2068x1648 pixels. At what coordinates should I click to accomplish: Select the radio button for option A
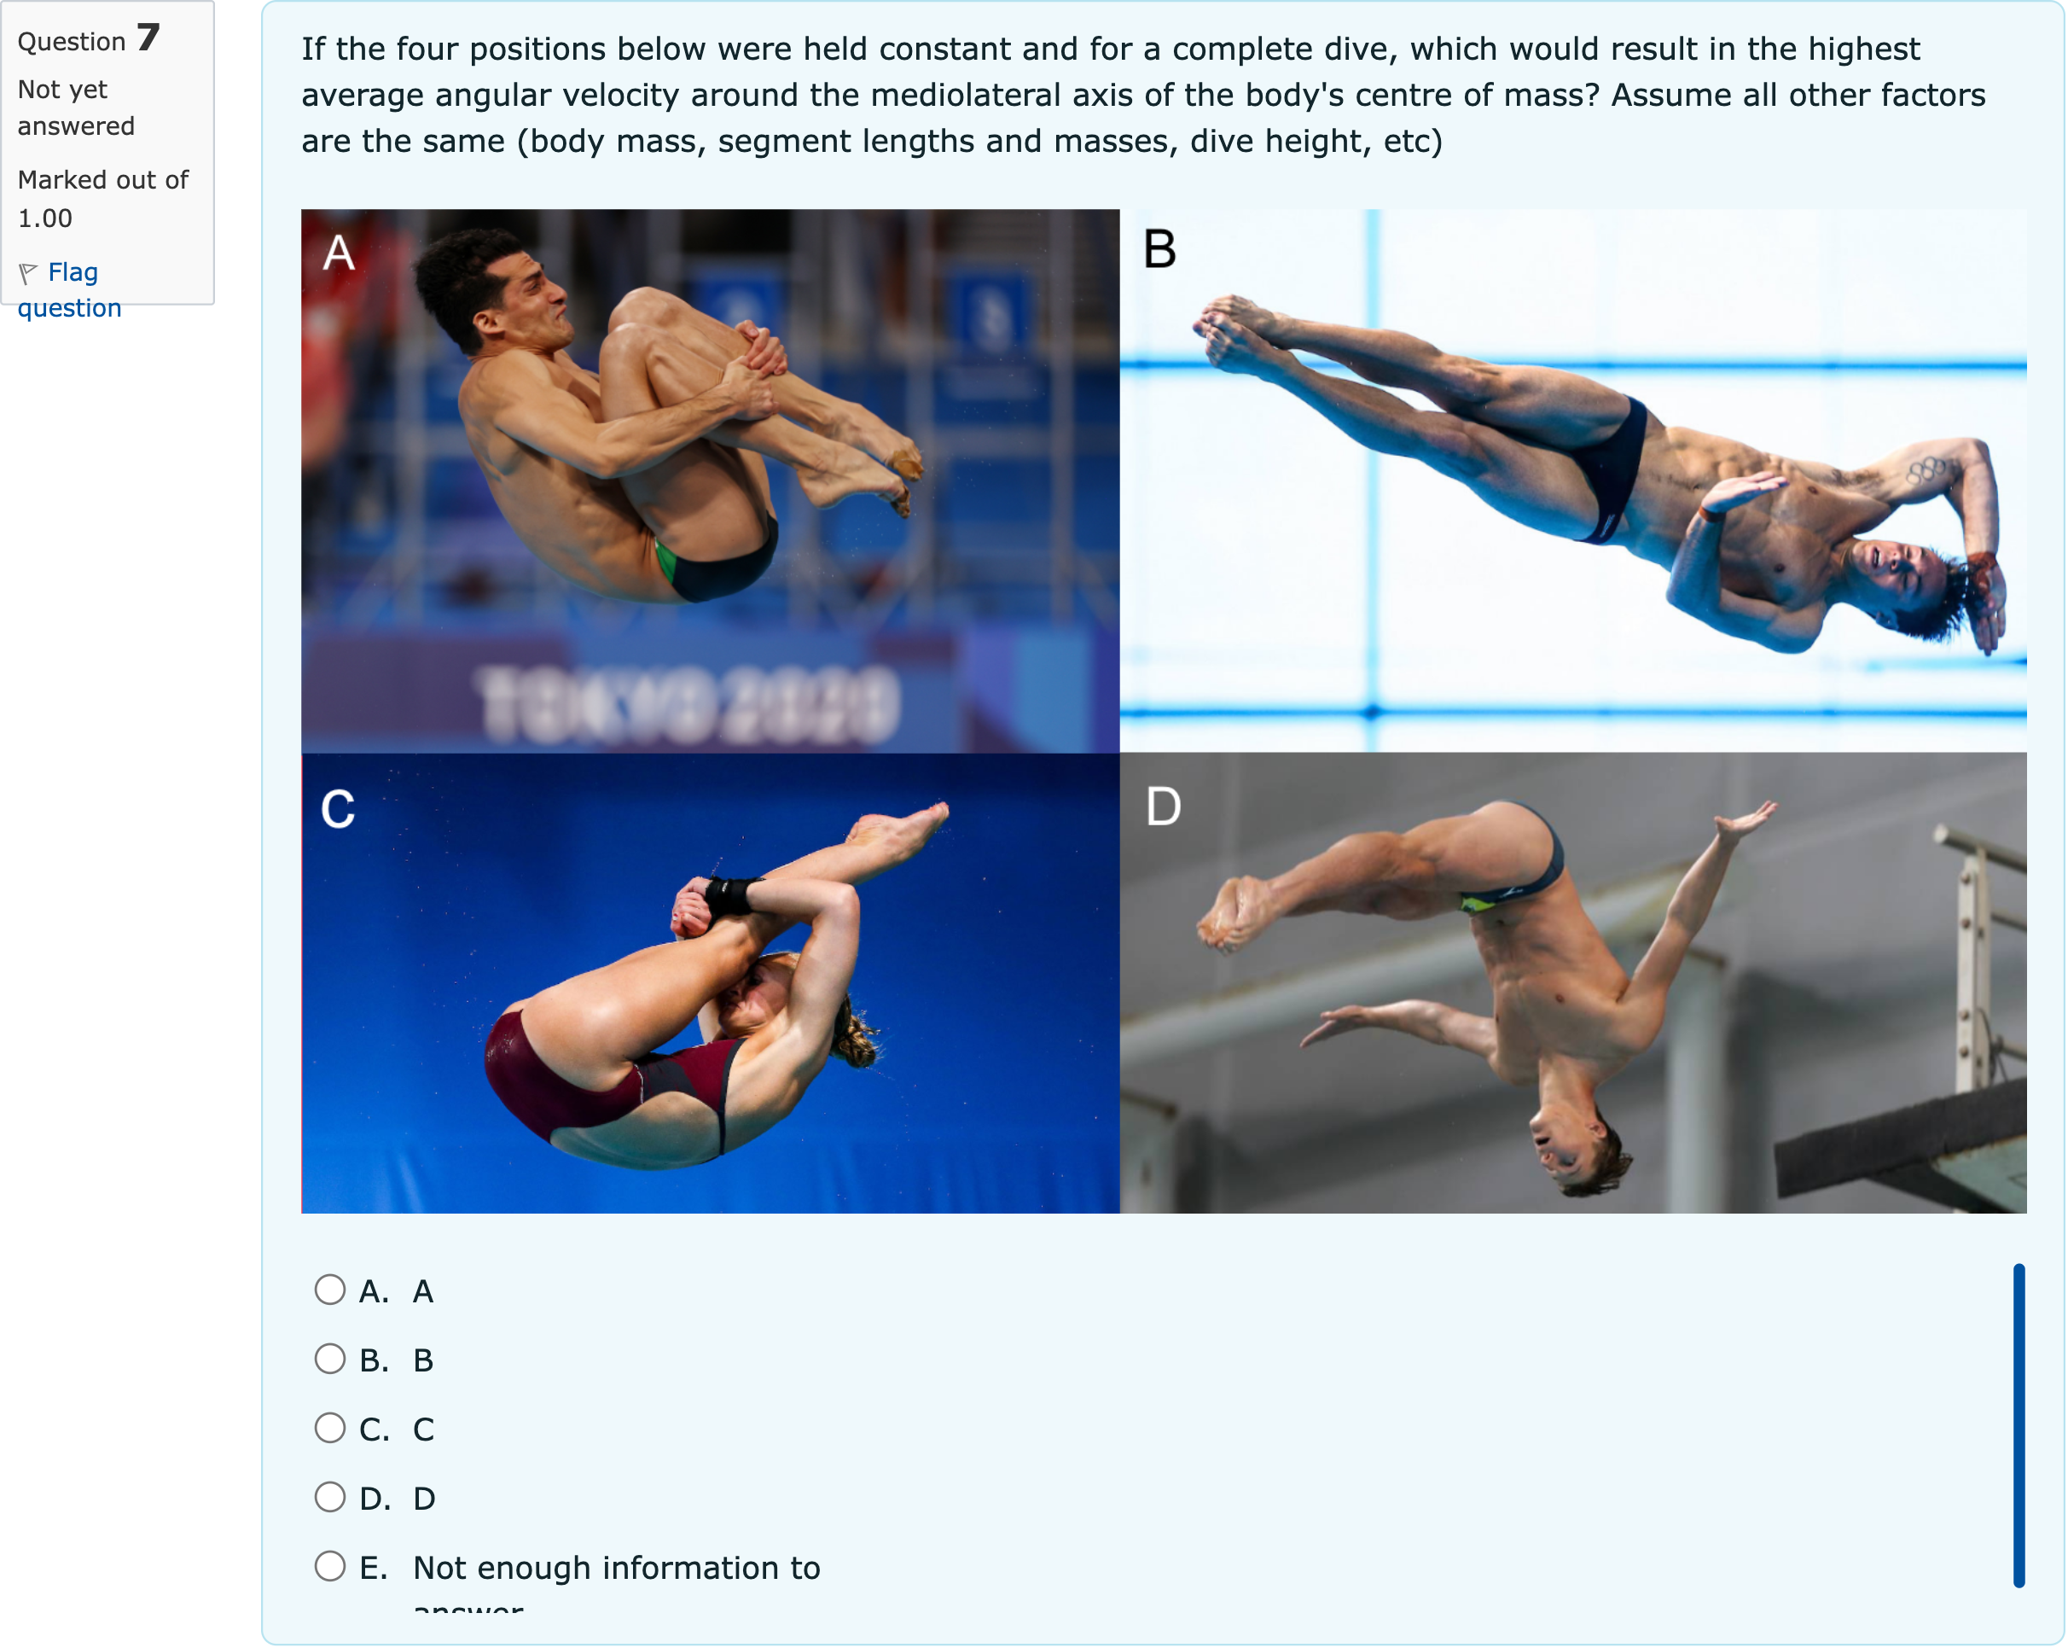(x=330, y=1290)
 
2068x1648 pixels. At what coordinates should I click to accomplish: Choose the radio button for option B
(x=330, y=1360)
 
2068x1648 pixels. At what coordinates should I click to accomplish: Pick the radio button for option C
(x=330, y=1429)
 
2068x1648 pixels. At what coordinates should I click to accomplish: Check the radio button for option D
(x=330, y=1498)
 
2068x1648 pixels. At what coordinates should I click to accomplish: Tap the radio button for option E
(x=330, y=1566)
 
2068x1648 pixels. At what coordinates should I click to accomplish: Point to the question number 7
(x=148, y=38)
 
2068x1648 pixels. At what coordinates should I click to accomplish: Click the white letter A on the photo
(x=339, y=253)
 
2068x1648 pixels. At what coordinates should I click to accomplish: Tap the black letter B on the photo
(x=1159, y=249)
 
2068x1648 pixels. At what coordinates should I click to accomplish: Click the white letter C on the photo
(x=338, y=809)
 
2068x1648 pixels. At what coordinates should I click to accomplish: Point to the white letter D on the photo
(x=1164, y=807)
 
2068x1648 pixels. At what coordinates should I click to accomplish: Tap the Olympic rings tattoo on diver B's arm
(x=1926, y=470)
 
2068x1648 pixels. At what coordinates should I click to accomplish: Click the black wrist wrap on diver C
(x=732, y=895)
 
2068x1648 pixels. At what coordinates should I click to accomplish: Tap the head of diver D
(x=1573, y=1146)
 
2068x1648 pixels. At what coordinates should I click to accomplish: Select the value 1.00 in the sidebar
(x=45, y=218)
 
